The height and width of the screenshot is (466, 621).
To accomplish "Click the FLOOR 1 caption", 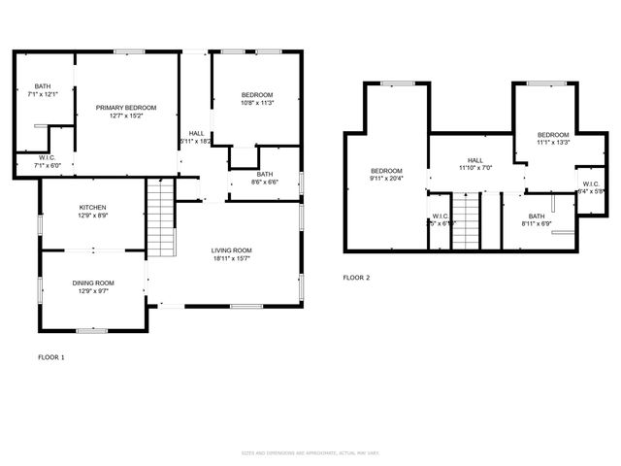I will pos(50,357).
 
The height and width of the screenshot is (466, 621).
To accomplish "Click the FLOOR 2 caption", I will pos(356,278).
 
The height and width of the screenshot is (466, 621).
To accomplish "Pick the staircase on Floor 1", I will pos(159,217).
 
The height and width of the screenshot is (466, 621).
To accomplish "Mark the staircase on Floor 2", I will pos(467,222).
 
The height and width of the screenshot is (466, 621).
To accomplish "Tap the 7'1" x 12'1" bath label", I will pos(43,90).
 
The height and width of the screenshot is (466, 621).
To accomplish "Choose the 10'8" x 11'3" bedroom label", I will pos(257,98).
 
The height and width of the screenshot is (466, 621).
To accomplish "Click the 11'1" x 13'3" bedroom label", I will pos(553,139).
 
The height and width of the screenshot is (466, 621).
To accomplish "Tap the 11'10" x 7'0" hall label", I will pos(474,164).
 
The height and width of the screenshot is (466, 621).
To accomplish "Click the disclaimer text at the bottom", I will pos(310,453).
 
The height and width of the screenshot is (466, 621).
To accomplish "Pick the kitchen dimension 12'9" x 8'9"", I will pos(93,216).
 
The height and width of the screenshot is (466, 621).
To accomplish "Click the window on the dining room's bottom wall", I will pos(92,330).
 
